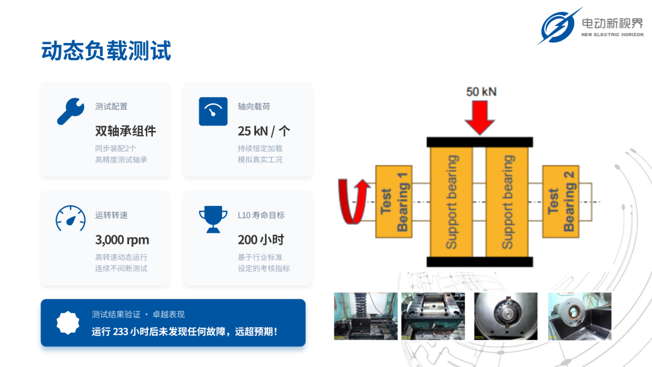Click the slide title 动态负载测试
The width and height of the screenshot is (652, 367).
[x=106, y=51]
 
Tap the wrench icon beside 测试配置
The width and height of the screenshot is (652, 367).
[x=71, y=111]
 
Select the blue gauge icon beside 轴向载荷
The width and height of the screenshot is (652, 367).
[x=213, y=112]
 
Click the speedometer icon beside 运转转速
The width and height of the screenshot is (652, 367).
[x=71, y=219]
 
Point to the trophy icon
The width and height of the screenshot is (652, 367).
[x=213, y=219]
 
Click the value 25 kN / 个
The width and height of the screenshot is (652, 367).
[x=264, y=132]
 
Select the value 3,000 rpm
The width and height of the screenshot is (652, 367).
[x=122, y=240]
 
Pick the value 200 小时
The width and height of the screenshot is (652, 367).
[x=261, y=240]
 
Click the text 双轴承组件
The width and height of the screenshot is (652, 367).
[x=126, y=132]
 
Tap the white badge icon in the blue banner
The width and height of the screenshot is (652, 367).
[x=68, y=322]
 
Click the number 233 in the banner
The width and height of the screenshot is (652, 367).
[x=120, y=331]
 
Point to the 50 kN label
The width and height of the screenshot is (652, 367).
[x=481, y=92]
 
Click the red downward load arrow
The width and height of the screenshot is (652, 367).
[x=480, y=118]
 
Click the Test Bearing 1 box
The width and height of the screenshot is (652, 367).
[x=394, y=202]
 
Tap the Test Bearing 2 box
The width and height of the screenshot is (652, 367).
[x=560, y=202]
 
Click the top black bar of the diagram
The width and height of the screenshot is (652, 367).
[x=480, y=142]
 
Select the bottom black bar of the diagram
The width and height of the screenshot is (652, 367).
[x=480, y=261]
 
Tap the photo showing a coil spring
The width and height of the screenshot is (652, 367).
[x=365, y=316]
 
